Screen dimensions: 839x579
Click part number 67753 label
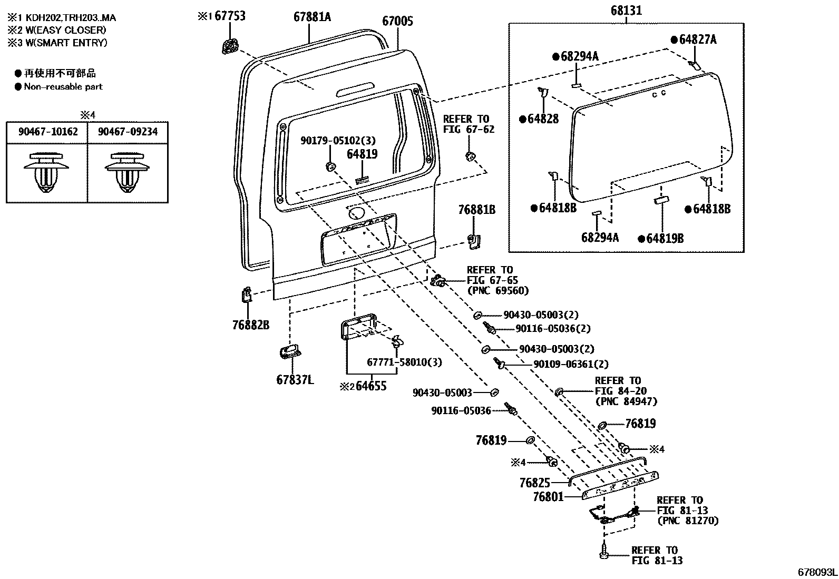pos(230,16)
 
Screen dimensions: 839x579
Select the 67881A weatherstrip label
pos(312,17)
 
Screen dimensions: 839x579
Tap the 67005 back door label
pos(397,21)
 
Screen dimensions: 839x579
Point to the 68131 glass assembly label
pos(626,10)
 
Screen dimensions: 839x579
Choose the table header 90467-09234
pos(128,132)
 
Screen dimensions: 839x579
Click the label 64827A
pos(697,40)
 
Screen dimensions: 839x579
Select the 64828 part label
pos(543,119)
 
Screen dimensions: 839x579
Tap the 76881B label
pos(477,210)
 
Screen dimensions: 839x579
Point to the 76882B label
pos(251,325)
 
